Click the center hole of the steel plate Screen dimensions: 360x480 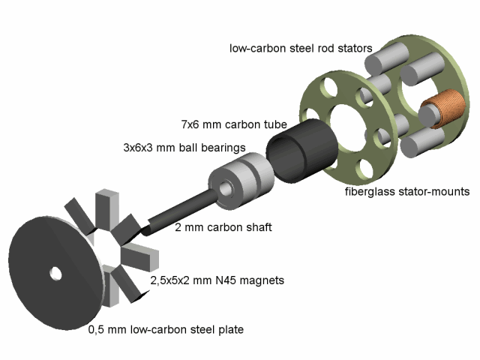click(55, 274)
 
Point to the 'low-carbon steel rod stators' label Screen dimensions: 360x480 click(301, 49)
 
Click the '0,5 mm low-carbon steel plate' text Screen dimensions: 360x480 click(166, 328)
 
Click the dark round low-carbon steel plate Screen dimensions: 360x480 click(45, 292)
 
